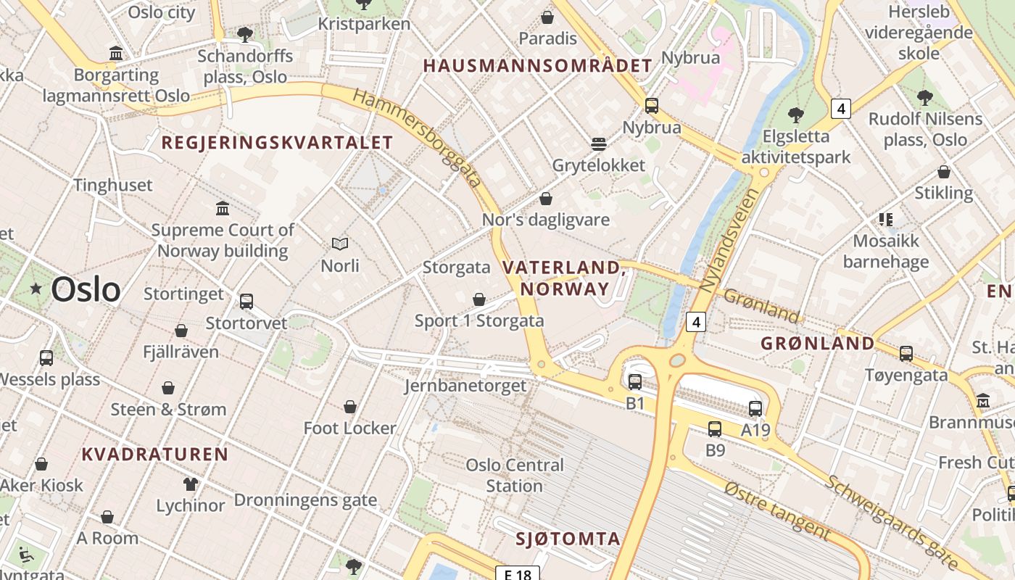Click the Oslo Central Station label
[x=515, y=476]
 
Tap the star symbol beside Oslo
[x=36, y=289]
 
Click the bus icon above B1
[x=635, y=381]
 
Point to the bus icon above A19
[x=755, y=409]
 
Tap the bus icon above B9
[x=715, y=428]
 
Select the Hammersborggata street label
[x=418, y=138]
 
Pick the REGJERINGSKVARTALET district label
[x=277, y=143]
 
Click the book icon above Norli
[x=340, y=244]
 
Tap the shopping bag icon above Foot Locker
[x=350, y=407]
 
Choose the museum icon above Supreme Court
[x=223, y=209]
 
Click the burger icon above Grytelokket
[x=598, y=144]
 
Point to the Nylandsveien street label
[x=730, y=240]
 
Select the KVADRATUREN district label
[x=155, y=455]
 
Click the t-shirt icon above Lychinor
[x=191, y=484]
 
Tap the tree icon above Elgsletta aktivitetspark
[x=795, y=115]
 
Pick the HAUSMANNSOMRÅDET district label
[x=537, y=66]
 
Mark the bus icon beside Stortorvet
[x=246, y=302]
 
